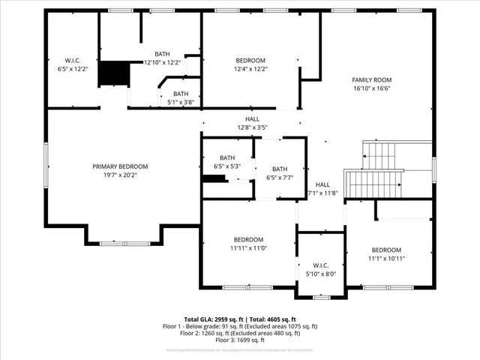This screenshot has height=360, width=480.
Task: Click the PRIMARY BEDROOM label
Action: tap(120, 166)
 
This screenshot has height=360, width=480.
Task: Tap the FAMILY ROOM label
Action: tap(372, 79)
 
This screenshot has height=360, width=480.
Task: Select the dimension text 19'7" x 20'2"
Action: tap(120, 175)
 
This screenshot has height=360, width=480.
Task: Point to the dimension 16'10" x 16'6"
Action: tap(372, 88)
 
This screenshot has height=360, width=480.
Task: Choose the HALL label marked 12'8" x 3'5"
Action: tap(252, 119)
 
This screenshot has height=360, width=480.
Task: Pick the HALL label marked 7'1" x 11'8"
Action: tap(322, 184)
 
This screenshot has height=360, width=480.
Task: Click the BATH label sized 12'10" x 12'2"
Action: tap(162, 54)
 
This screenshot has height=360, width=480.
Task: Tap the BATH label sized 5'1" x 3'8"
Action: tap(181, 94)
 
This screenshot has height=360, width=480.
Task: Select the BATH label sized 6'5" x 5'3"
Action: tap(227, 157)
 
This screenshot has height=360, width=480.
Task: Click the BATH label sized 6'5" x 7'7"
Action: tap(280, 169)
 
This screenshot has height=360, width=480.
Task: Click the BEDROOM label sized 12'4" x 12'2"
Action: tap(250, 60)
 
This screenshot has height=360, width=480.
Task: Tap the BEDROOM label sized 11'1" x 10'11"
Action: tap(387, 250)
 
